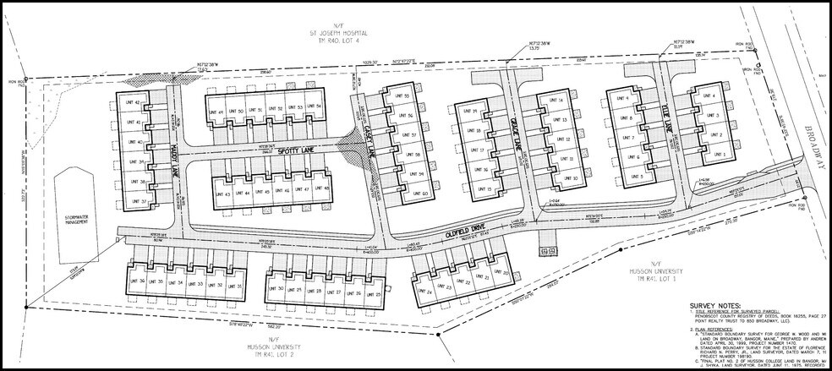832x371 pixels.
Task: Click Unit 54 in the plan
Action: tap(314, 107)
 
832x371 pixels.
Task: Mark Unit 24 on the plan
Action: tap(424, 292)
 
